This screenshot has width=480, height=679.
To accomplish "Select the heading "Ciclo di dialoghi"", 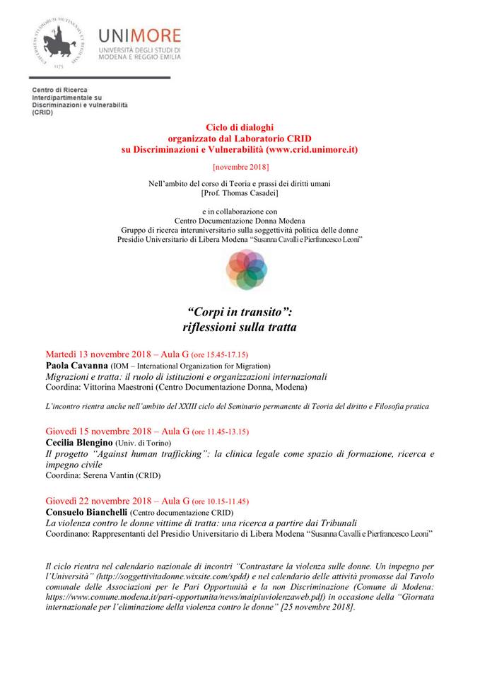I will pos(240,127).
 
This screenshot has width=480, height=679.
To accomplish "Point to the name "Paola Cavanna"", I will pos(76,366).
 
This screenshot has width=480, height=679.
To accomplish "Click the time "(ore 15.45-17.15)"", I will pos(218,354).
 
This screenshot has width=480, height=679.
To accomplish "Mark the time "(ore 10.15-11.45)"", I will pos(218,499).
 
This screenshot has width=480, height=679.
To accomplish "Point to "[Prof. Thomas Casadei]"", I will pos(240,192).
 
